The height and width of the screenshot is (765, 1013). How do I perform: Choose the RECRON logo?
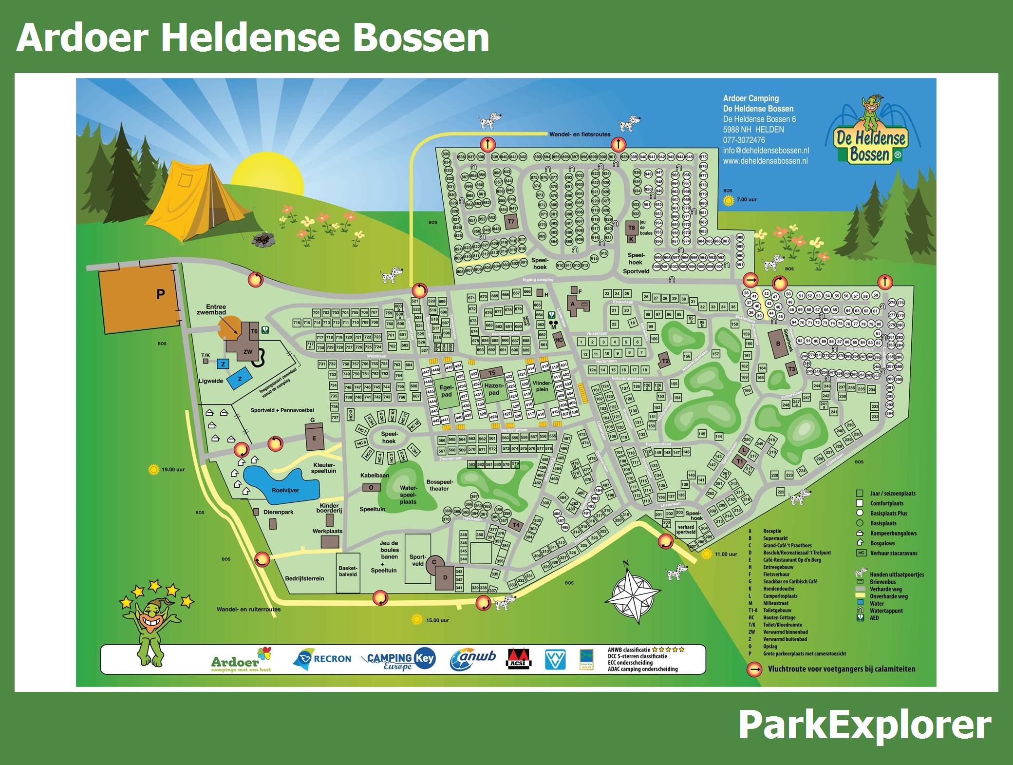(x=322, y=659)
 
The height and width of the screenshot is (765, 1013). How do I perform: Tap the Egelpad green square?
(x=446, y=392)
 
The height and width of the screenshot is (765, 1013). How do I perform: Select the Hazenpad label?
(x=494, y=389)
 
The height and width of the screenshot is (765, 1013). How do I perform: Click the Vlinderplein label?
(x=542, y=386)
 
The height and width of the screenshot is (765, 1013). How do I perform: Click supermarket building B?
(x=778, y=344)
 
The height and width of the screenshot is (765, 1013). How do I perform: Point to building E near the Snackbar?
(x=315, y=438)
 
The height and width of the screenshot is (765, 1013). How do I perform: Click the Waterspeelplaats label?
(x=408, y=494)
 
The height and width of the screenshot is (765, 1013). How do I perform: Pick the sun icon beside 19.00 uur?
(x=154, y=470)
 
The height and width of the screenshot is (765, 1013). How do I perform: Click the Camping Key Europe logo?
(x=399, y=659)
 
